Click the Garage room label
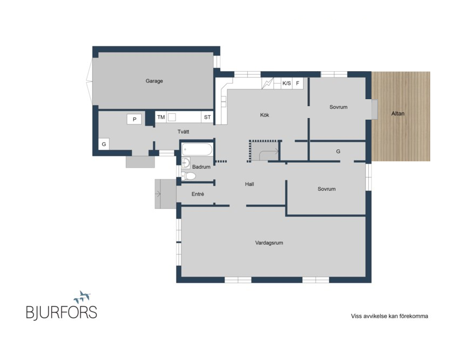[x=154, y=81]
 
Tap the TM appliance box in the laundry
[x=161, y=117]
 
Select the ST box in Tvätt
[x=207, y=117]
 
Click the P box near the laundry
[x=134, y=119]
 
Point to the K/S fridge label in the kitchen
[x=286, y=83]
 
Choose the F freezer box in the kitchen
[x=298, y=83]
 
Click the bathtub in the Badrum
[x=197, y=150]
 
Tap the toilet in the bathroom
[x=189, y=176]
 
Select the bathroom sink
[x=186, y=163]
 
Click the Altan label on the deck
[x=398, y=113]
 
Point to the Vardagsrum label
[x=269, y=243]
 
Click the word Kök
[x=264, y=115]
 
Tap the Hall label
[x=249, y=184]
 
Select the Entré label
[x=198, y=194]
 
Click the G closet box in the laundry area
[x=104, y=144]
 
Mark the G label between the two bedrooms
[x=338, y=151]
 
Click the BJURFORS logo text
[x=61, y=312]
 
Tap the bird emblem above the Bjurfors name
[x=82, y=297]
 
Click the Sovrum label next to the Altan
[x=338, y=107]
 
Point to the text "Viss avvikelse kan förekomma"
[x=389, y=316]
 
